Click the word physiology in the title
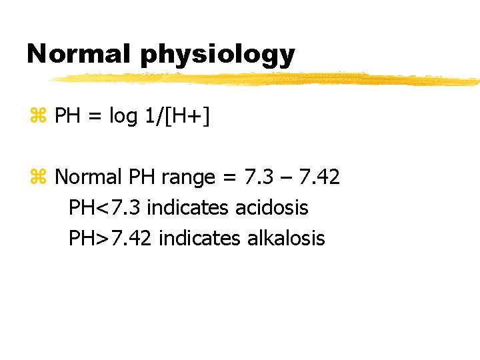pos(217,55)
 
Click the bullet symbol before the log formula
pos(37,117)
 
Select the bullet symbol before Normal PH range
pos(37,177)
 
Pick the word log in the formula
pos(123,117)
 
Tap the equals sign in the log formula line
pos(94,117)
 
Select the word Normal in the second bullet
pos(89,177)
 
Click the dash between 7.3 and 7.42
pos(285,177)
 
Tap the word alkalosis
pos(286,237)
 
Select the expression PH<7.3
pos(105,207)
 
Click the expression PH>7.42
pos(111,237)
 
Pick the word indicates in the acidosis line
pos(189,207)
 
